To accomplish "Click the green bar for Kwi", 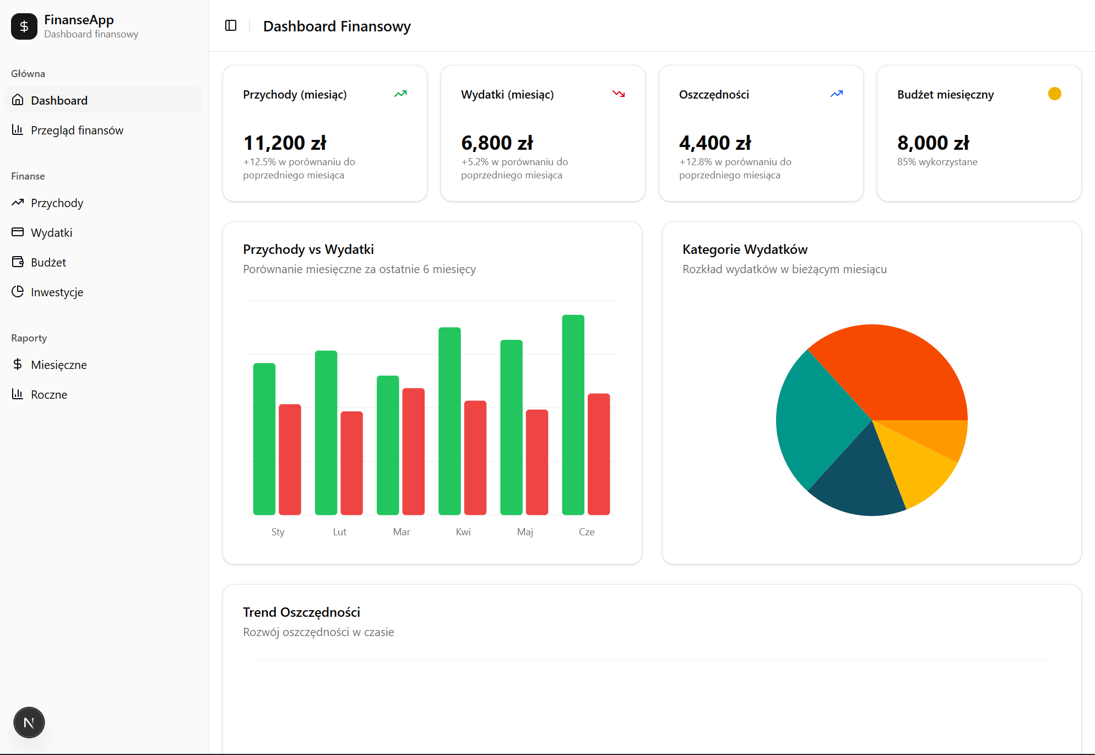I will pos(449,421).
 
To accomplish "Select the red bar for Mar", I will pos(413,452).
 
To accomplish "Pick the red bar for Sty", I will pos(290,459).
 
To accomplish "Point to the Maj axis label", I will pos(525,532).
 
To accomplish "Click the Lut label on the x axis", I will pos(339,532).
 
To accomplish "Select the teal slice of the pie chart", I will pos(815,419).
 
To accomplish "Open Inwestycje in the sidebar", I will pos(57,292).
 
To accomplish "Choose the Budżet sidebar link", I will pos(48,262).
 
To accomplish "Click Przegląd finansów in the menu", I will pos(77,130).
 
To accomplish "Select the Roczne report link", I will pos(49,394).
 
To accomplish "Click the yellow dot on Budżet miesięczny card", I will pos(1054,94).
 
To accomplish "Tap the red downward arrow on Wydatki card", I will pos(619,94).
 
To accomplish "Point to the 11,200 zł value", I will pos(285,143).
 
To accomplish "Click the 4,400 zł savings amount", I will pos(715,143).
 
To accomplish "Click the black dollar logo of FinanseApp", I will pos(24,26).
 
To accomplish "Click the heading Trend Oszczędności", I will pos(301,612).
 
